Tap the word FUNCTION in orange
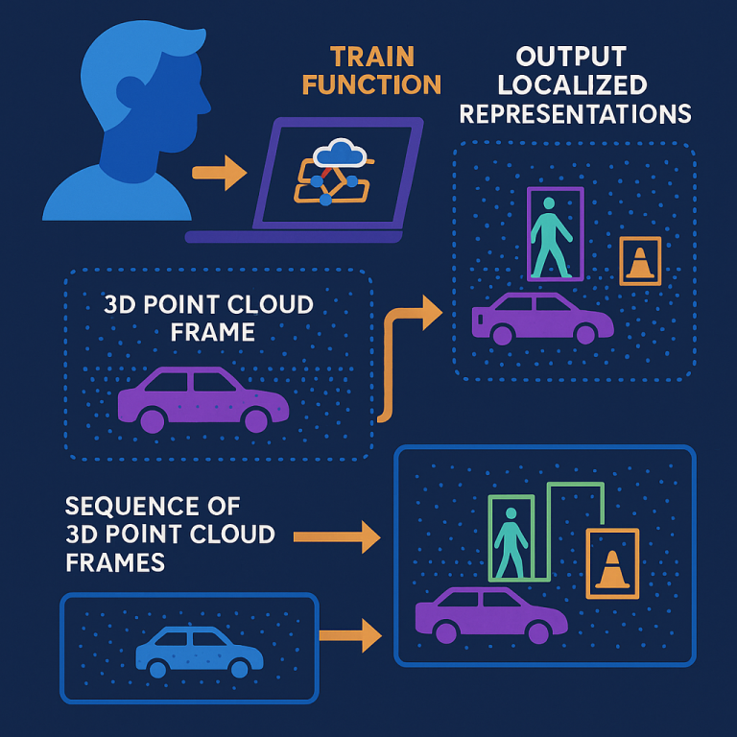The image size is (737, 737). tap(371, 84)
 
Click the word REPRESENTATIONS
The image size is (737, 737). tap(575, 113)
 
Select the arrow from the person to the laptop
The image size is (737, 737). tap(219, 173)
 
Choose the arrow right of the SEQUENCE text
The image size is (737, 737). tap(337, 536)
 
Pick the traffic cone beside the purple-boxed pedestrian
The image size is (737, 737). tap(640, 261)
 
